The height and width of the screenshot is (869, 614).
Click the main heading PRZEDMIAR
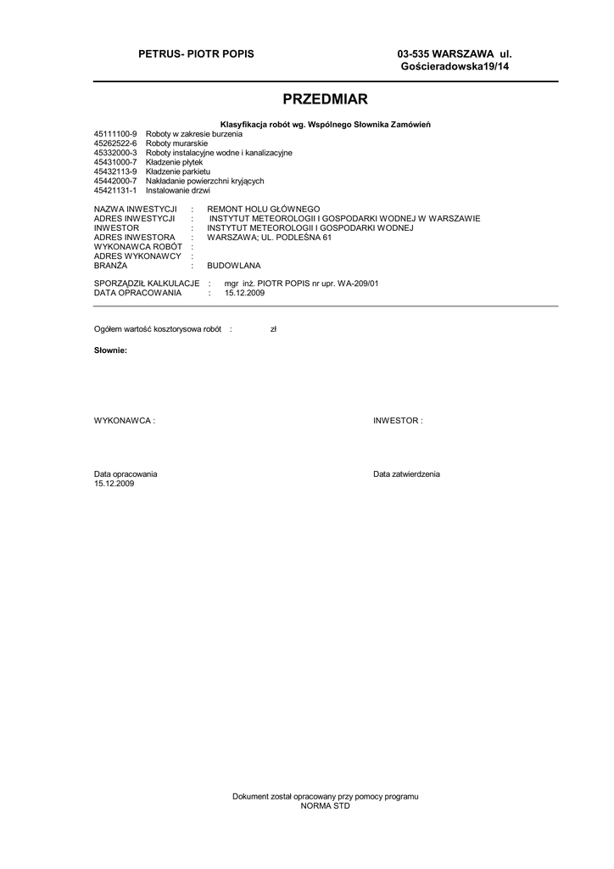[326, 98]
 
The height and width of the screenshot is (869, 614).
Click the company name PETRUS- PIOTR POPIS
[196, 55]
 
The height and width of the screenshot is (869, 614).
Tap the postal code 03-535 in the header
[413, 55]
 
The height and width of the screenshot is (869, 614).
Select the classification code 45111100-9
[115, 135]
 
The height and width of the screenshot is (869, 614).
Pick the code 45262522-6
[115, 144]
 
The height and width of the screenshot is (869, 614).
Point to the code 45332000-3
[115, 153]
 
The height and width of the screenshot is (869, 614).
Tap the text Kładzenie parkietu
[178, 171]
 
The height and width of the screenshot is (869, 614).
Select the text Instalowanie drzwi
[178, 190]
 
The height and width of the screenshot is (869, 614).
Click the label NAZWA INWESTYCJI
[135, 209]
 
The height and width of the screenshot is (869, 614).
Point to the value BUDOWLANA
[234, 266]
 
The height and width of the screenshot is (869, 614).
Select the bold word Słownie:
[110, 350]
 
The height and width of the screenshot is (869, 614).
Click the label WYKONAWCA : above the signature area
[125, 420]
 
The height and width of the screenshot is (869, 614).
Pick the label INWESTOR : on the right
[398, 420]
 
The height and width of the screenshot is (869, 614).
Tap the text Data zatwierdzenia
[406, 474]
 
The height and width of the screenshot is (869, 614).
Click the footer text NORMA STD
[326, 806]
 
